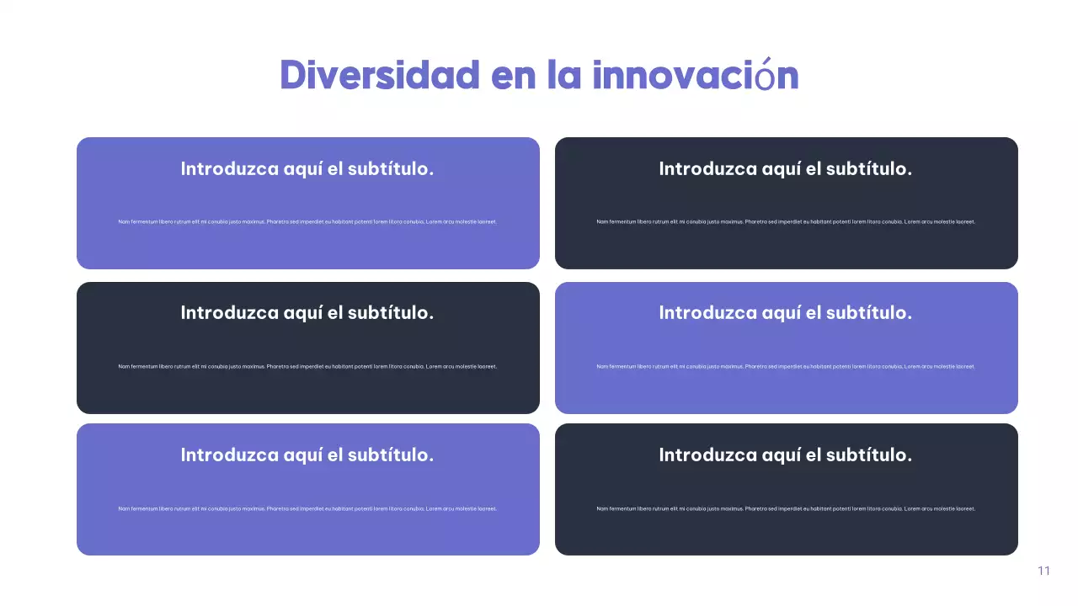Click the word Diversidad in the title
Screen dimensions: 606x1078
pyautogui.click(x=380, y=75)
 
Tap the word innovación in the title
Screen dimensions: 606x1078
pyautogui.click(x=695, y=75)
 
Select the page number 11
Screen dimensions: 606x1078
pyautogui.click(x=1043, y=571)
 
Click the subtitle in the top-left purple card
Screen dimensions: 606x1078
pyautogui.click(x=307, y=168)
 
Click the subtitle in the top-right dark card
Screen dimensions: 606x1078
pyautogui.click(x=786, y=168)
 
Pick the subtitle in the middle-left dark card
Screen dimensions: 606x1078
pyautogui.click(x=307, y=312)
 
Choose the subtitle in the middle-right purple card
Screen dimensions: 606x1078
pyautogui.click(x=786, y=312)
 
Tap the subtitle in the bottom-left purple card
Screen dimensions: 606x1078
pyautogui.click(x=307, y=454)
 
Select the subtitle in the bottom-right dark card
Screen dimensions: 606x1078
pyautogui.click(x=786, y=454)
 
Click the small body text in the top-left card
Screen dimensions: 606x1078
pyautogui.click(x=307, y=221)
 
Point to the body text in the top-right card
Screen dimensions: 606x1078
pyautogui.click(x=786, y=221)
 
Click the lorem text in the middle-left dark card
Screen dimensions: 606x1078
pyautogui.click(x=307, y=366)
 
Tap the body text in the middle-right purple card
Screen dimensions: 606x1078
pyautogui.click(x=786, y=366)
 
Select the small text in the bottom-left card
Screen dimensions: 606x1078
pyautogui.click(x=307, y=508)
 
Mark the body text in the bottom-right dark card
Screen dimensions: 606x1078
pyautogui.click(x=786, y=508)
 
